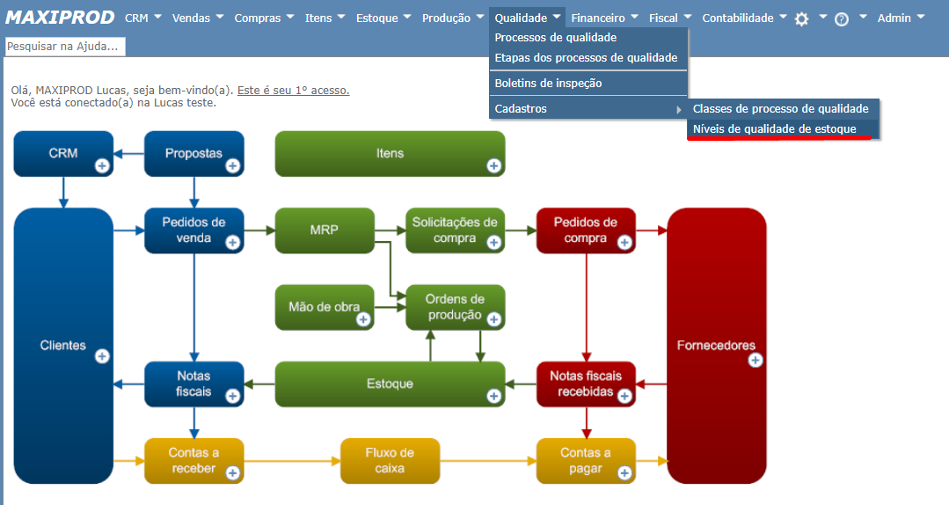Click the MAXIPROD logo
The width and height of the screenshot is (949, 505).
click(60, 18)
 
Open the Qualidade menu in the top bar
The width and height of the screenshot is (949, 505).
click(526, 18)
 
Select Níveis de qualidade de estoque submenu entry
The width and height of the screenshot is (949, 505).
click(774, 129)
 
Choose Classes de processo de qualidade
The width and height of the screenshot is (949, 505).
click(780, 108)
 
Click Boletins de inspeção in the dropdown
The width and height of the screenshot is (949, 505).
click(548, 83)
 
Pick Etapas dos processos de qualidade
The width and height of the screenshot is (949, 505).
click(586, 57)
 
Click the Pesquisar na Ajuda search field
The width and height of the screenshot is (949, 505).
click(65, 46)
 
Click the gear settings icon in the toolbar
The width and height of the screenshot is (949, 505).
click(801, 18)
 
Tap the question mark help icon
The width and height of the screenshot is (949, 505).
click(842, 18)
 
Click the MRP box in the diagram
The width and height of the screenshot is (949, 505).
click(324, 231)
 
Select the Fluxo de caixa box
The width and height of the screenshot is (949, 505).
click(389, 460)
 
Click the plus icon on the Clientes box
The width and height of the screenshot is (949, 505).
click(102, 355)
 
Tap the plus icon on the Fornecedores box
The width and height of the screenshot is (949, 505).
click(756, 360)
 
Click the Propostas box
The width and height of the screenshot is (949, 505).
click(193, 153)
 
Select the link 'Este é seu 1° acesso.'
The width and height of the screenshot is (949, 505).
click(293, 90)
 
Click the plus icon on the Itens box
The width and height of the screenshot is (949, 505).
click(493, 165)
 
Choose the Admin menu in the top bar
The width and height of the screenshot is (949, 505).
click(900, 18)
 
